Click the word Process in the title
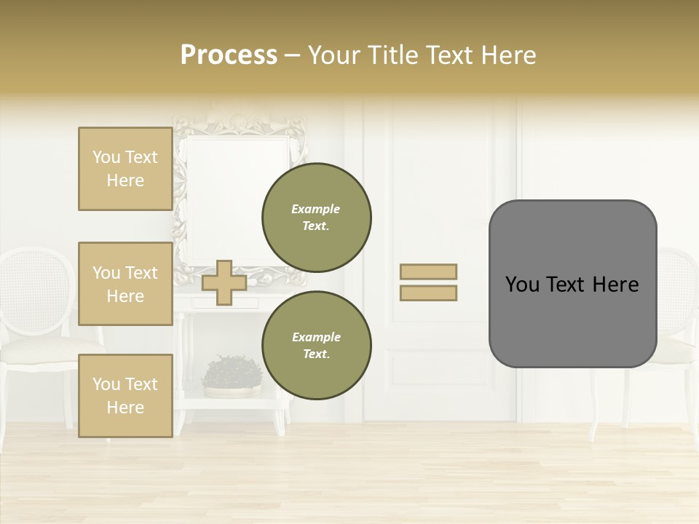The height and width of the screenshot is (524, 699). [x=229, y=55]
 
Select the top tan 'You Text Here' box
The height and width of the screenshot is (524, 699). [x=125, y=169]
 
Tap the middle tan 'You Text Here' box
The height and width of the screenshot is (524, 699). [x=125, y=284]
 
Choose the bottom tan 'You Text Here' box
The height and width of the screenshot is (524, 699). [x=125, y=395]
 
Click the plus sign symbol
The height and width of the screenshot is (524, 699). [x=224, y=282]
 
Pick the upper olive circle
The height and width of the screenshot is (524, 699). [x=317, y=217]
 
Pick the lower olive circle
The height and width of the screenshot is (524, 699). [x=317, y=345]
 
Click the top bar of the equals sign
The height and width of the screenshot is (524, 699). [x=428, y=271]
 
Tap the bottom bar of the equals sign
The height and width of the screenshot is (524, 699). [x=428, y=293]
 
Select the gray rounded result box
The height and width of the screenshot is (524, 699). [x=572, y=284]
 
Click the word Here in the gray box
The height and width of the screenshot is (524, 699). [x=615, y=285]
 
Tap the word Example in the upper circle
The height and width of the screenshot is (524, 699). [x=316, y=209]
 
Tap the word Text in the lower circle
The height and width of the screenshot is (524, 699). [x=316, y=354]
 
